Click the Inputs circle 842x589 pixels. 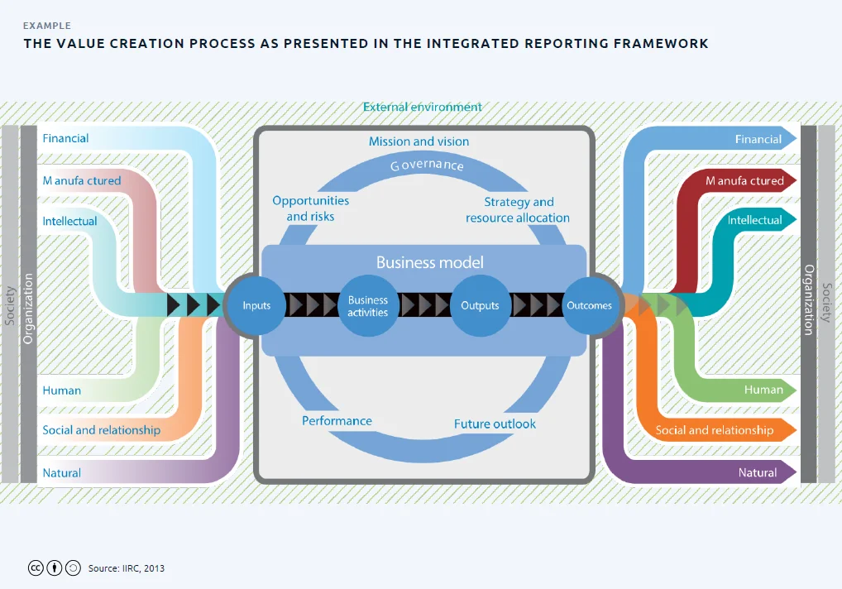(x=256, y=305)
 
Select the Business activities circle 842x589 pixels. (x=368, y=306)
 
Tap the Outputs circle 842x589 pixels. (x=480, y=305)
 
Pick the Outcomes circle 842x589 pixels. (x=589, y=305)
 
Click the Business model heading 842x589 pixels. (x=429, y=262)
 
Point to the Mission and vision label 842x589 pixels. (x=419, y=141)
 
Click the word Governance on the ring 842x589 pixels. (x=427, y=165)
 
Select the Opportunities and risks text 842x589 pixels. (x=310, y=208)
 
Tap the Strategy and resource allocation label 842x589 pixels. (x=518, y=209)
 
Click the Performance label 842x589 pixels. (x=337, y=420)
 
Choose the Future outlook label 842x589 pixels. (x=495, y=424)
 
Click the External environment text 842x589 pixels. (x=422, y=107)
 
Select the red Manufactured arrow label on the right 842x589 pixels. (x=744, y=180)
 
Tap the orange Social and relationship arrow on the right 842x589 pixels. (x=715, y=430)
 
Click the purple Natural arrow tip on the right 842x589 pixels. (x=790, y=472)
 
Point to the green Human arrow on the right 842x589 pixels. (x=763, y=390)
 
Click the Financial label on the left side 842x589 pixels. (x=65, y=138)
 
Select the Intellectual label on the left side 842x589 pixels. (x=69, y=221)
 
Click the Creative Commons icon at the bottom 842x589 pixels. (x=36, y=568)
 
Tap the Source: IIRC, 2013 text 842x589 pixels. (x=126, y=568)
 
